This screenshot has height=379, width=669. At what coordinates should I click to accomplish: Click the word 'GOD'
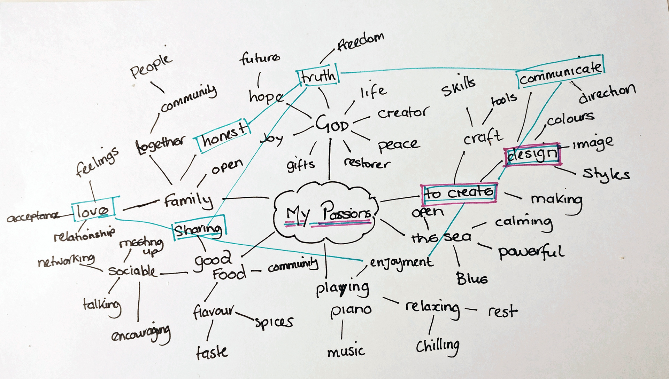coord(332,124)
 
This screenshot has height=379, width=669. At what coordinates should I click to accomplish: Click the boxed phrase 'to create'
coord(459,193)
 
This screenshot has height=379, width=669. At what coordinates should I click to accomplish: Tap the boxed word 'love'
coord(93,210)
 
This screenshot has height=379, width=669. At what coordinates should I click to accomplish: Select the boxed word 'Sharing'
coord(199,229)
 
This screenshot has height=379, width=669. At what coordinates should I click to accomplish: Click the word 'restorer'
coord(367,163)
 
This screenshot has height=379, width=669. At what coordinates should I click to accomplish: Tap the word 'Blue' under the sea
coord(472,278)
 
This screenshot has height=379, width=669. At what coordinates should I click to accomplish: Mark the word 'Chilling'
coord(438,346)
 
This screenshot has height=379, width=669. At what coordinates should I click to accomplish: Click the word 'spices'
coord(274,322)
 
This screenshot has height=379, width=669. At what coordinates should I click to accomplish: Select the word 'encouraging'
coord(141,334)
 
